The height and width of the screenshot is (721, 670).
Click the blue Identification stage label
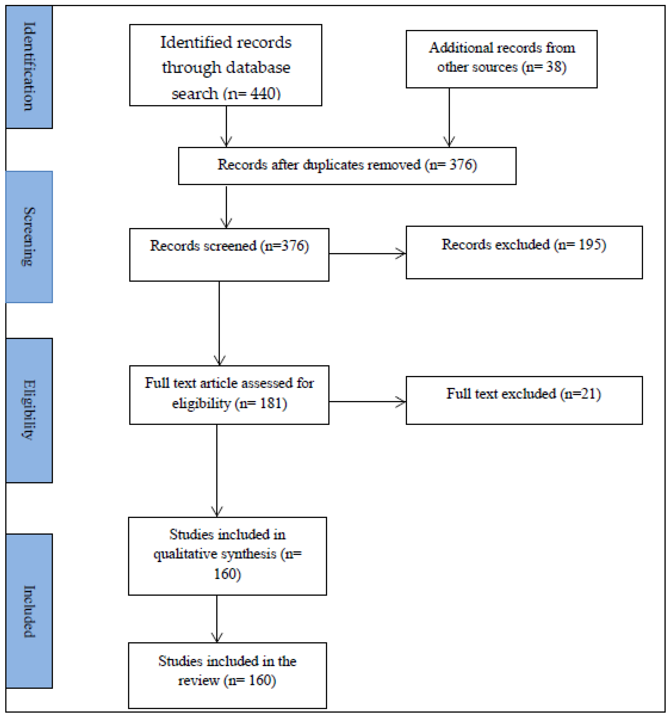29,67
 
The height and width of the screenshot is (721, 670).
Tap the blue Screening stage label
29,237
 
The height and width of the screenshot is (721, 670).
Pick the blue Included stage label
29,611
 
